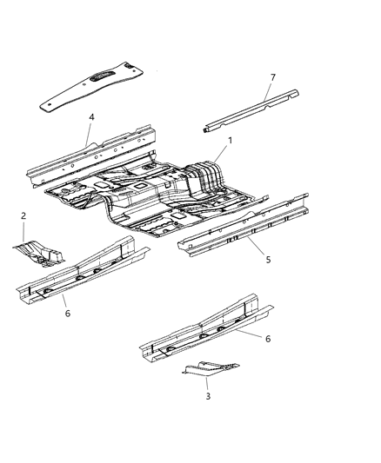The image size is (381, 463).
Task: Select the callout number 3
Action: click(x=208, y=396)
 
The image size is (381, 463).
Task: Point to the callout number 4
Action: click(x=90, y=116)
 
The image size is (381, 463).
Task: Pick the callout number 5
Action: click(x=256, y=260)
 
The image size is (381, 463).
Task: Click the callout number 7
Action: click(x=272, y=77)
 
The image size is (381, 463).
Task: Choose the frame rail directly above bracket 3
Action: click(x=209, y=330)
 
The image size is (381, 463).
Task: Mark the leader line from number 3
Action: click(x=207, y=383)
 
